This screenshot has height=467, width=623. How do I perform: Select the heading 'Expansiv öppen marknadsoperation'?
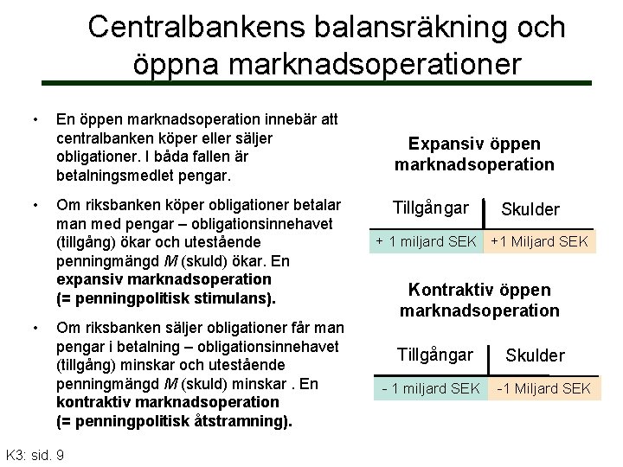474,154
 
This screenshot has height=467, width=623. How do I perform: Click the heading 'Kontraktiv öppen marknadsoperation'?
479,300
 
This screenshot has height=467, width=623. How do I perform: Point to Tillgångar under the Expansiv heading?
430,208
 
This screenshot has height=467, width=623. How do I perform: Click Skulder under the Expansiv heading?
530,209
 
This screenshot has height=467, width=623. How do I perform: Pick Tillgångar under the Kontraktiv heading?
435,355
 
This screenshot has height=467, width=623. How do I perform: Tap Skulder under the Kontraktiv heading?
535,355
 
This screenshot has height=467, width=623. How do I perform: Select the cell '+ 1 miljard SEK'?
426,241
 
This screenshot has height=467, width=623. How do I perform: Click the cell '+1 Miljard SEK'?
539,241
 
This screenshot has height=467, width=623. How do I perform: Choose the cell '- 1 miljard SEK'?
431,388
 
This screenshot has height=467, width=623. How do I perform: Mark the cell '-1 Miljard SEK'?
543,388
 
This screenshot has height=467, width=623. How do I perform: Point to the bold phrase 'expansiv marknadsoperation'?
164,279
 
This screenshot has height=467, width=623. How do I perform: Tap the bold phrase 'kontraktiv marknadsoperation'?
168,402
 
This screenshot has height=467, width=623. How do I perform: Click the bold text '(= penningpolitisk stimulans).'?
165,298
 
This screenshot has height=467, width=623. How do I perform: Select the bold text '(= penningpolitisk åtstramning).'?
175,421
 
